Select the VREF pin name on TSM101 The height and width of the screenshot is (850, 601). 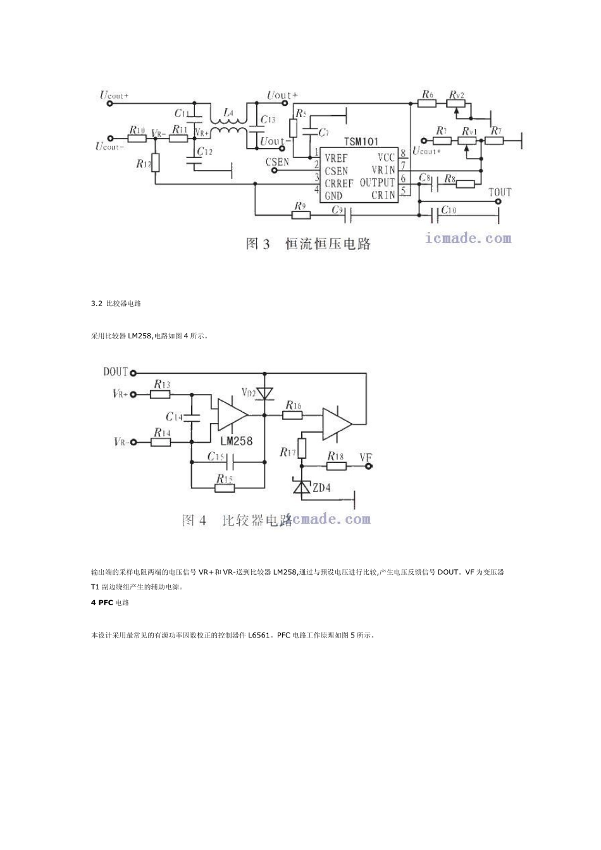336,158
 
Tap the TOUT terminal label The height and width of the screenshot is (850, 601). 500,192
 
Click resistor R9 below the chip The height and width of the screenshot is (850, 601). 301,215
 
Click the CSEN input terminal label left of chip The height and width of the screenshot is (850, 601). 277,162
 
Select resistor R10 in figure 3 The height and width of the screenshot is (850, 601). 137,138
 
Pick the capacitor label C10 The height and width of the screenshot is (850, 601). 448,209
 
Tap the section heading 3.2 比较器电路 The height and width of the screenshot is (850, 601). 116,304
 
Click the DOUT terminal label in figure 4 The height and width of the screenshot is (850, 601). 116,372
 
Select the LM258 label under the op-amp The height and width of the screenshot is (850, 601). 236,441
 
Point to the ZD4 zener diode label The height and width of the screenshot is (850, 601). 322,488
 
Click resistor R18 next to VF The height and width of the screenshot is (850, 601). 337,466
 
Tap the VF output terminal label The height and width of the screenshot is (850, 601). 366,457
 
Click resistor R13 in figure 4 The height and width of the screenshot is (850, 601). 161,394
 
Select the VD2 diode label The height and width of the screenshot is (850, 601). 249,393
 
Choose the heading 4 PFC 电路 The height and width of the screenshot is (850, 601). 110,603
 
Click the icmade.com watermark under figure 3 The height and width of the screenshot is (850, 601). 469,238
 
